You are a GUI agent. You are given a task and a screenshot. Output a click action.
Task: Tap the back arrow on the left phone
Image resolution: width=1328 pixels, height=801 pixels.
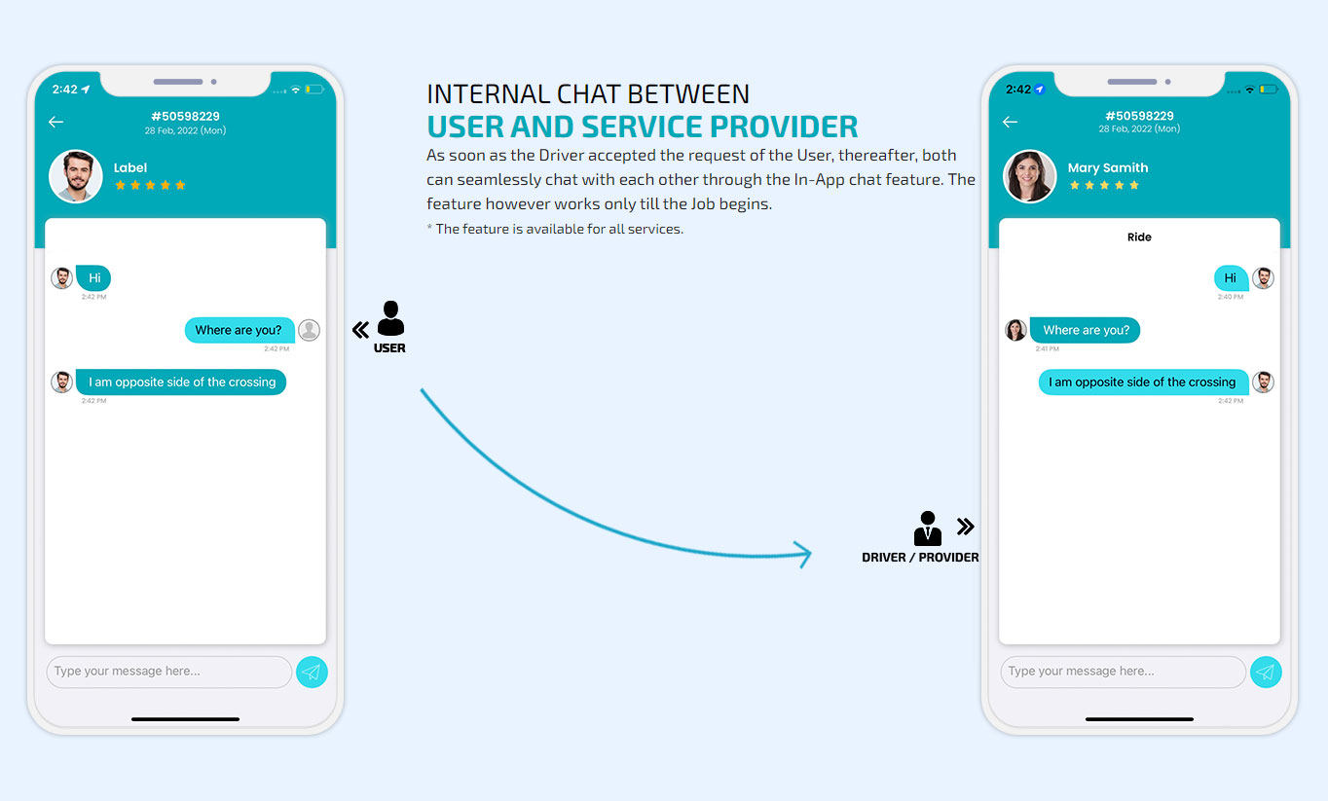[55, 122]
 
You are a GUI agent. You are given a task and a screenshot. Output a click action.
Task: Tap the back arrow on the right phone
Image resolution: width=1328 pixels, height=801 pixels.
[1010, 122]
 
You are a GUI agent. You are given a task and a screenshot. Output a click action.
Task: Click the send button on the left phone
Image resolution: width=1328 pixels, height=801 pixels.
[312, 672]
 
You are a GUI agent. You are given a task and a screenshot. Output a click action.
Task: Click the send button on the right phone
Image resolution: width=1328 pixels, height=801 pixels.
[1265, 672]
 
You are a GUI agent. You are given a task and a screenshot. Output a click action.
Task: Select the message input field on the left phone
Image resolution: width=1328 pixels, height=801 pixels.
[169, 672]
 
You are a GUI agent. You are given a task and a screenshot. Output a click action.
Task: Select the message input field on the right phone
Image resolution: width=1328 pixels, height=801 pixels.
[1123, 672]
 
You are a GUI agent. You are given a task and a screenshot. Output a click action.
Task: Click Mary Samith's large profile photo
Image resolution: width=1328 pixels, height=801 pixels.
[1029, 176]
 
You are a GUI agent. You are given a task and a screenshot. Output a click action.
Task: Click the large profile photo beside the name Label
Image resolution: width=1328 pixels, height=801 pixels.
[75, 176]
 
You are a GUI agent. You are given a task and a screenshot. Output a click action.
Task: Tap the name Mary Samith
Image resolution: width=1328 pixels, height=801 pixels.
[1107, 167]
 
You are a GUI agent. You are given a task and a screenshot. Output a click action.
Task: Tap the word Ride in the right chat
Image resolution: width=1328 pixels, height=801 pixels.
[1139, 237]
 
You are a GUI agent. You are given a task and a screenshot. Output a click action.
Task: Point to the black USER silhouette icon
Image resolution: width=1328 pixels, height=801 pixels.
[390, 318]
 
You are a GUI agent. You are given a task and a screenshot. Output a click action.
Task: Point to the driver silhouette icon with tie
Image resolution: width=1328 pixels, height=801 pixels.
[928, 528]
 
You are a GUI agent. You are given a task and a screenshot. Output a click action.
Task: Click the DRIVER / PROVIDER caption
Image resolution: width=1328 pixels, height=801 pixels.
[920, 558]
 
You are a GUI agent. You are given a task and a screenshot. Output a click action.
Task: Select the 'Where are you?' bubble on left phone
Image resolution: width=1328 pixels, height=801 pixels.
[239, 330]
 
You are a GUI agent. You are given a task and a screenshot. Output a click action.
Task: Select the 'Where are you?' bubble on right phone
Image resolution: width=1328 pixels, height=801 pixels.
[1085, 330]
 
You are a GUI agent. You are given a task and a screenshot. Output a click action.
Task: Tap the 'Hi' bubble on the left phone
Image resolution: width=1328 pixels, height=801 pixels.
[93, 277]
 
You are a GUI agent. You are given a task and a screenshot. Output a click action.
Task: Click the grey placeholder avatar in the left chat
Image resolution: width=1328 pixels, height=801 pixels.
[309, 330]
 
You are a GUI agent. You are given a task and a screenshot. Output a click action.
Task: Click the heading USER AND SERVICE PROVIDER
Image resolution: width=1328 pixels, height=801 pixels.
[642, 127]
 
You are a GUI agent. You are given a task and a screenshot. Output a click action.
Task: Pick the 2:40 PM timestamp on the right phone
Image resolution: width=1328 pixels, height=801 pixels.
[1231, 297]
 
